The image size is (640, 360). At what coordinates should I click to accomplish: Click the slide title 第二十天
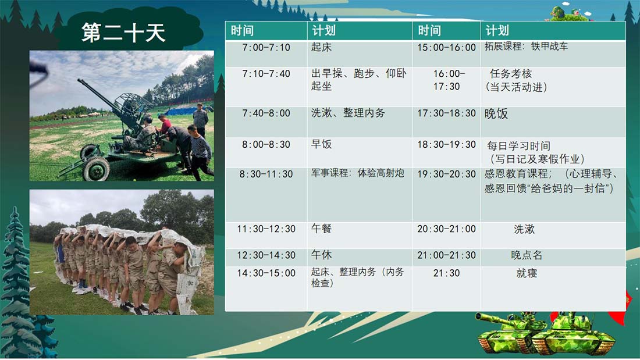123,33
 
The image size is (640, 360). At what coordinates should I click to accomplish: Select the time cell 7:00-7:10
266,47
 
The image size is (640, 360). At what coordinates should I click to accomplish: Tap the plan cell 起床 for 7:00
321,47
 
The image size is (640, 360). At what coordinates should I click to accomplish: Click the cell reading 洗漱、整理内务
348,113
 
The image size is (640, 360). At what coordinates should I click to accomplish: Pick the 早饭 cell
321,144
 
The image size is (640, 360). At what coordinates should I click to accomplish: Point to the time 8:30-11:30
266,174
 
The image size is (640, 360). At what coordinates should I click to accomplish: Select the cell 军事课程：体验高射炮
358,173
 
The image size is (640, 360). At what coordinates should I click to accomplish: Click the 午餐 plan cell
321,229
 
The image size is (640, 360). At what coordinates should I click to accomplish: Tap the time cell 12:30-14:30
266,255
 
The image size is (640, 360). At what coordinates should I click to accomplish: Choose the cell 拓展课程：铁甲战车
526,46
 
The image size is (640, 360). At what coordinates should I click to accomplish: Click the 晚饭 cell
496,113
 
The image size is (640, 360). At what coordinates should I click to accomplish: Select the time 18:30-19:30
446,144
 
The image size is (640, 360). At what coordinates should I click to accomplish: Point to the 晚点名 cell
527,255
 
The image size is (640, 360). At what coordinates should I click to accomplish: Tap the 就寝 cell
527,273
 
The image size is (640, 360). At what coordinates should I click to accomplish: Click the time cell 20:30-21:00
446,229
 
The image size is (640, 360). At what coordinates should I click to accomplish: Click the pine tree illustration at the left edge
16,281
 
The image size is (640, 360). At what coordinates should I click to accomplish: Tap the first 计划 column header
324,31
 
